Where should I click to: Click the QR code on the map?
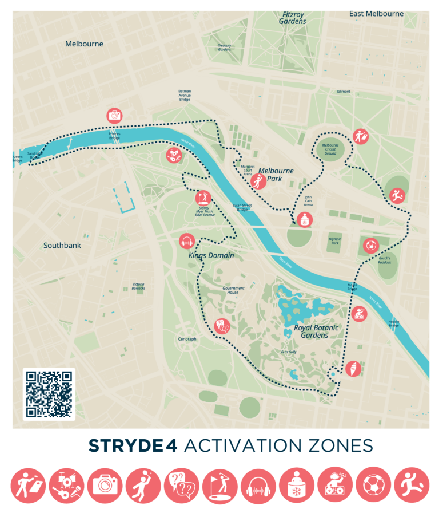pyautogui.click(x=49, y=394)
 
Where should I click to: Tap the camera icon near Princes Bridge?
pyautogui.click(x=115, y=115)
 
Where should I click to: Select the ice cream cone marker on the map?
pyautogui.click(x=353, y=368)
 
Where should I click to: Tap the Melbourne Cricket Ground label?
pyautogui.click(x=330, y=149)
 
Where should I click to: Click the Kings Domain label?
pyautogui.click(x=211, y=255)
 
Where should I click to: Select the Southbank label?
pyautogui.click(x=62, y=246)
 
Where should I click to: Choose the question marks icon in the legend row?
pyautogui.click(x=182, y=486)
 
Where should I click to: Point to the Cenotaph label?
pyautogui.click(x=186, y=339)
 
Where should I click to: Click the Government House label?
pyautogui.click(x=233, y=290)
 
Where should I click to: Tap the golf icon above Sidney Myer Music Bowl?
pyautogui.click(x=203, y=198)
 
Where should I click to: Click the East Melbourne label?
pyautogui.click(x=376, y=14)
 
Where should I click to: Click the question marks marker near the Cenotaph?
pyautogui.click(x=222, y=326)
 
